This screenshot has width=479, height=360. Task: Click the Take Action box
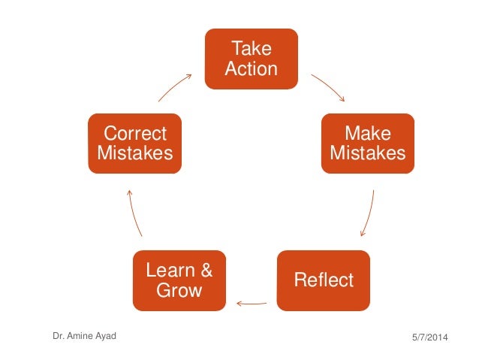252,59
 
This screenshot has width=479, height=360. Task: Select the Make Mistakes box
368,144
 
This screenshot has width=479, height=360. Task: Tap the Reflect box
324,280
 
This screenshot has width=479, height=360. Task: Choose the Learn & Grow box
179,280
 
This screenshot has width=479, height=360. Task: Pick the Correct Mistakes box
134,144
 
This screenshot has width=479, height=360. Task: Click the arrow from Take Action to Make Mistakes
328,86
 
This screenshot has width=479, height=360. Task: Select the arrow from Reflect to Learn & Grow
252,304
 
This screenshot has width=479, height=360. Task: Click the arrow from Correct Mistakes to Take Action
176,86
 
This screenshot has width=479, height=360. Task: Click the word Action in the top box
252,69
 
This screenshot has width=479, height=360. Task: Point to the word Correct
134,134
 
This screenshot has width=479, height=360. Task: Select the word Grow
179,290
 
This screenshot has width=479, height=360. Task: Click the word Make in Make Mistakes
368,134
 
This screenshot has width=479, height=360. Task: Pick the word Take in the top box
252,49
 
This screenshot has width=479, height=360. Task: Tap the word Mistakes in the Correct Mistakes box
134,153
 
